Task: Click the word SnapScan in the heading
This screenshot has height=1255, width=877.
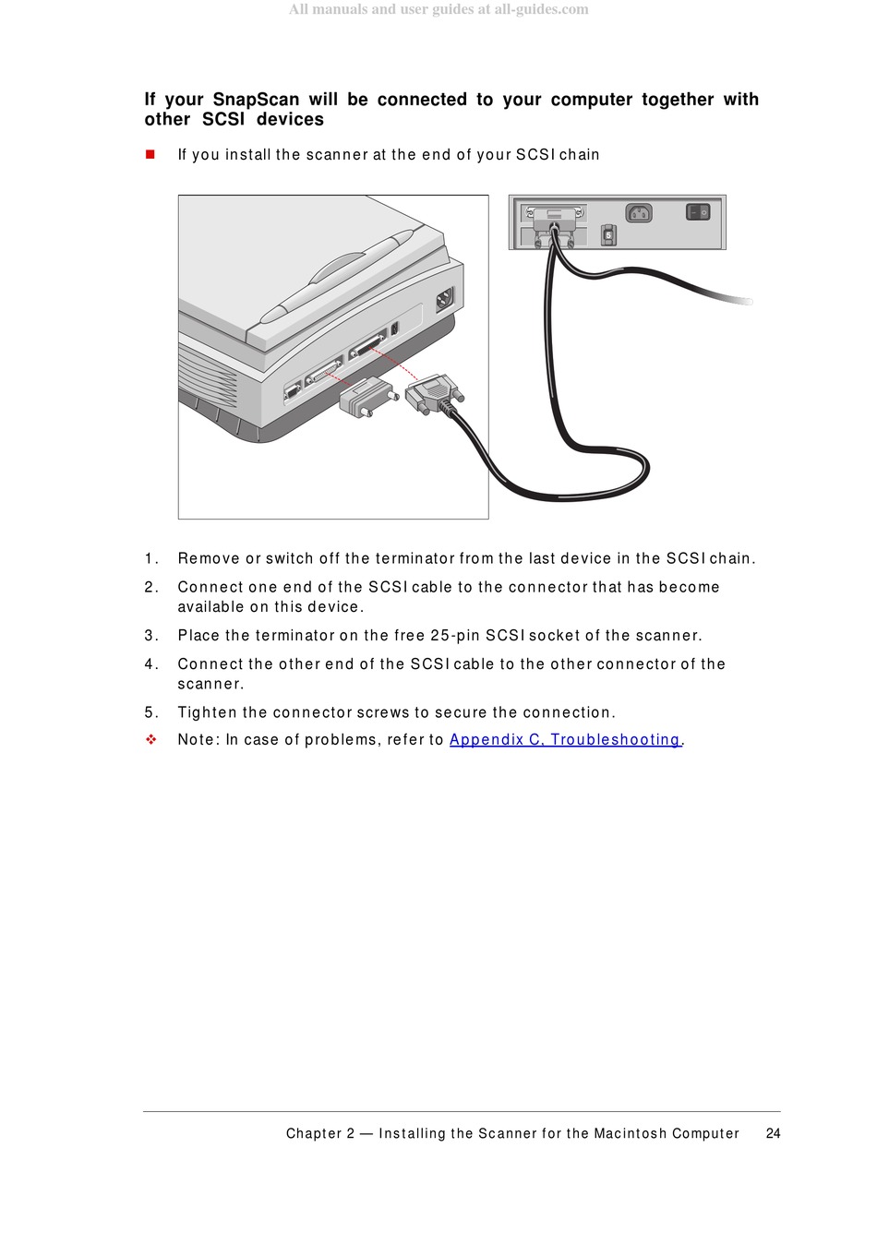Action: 256,99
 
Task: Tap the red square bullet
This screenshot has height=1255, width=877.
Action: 150,154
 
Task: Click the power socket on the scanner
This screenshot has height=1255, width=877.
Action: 445,300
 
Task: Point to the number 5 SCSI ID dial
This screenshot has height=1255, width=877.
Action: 608,235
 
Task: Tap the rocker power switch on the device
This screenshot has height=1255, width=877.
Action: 698,212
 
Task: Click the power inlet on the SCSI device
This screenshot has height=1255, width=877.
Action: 639,213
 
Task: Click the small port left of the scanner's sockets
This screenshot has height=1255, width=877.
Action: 292,390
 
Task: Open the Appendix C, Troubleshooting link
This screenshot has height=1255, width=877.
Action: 565,739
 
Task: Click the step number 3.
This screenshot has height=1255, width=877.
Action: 149,635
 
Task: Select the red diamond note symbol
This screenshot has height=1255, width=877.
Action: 150,739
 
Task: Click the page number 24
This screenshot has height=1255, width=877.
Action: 773,1133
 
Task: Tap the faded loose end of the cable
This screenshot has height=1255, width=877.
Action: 741,301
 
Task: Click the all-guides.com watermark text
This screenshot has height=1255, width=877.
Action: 541,9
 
